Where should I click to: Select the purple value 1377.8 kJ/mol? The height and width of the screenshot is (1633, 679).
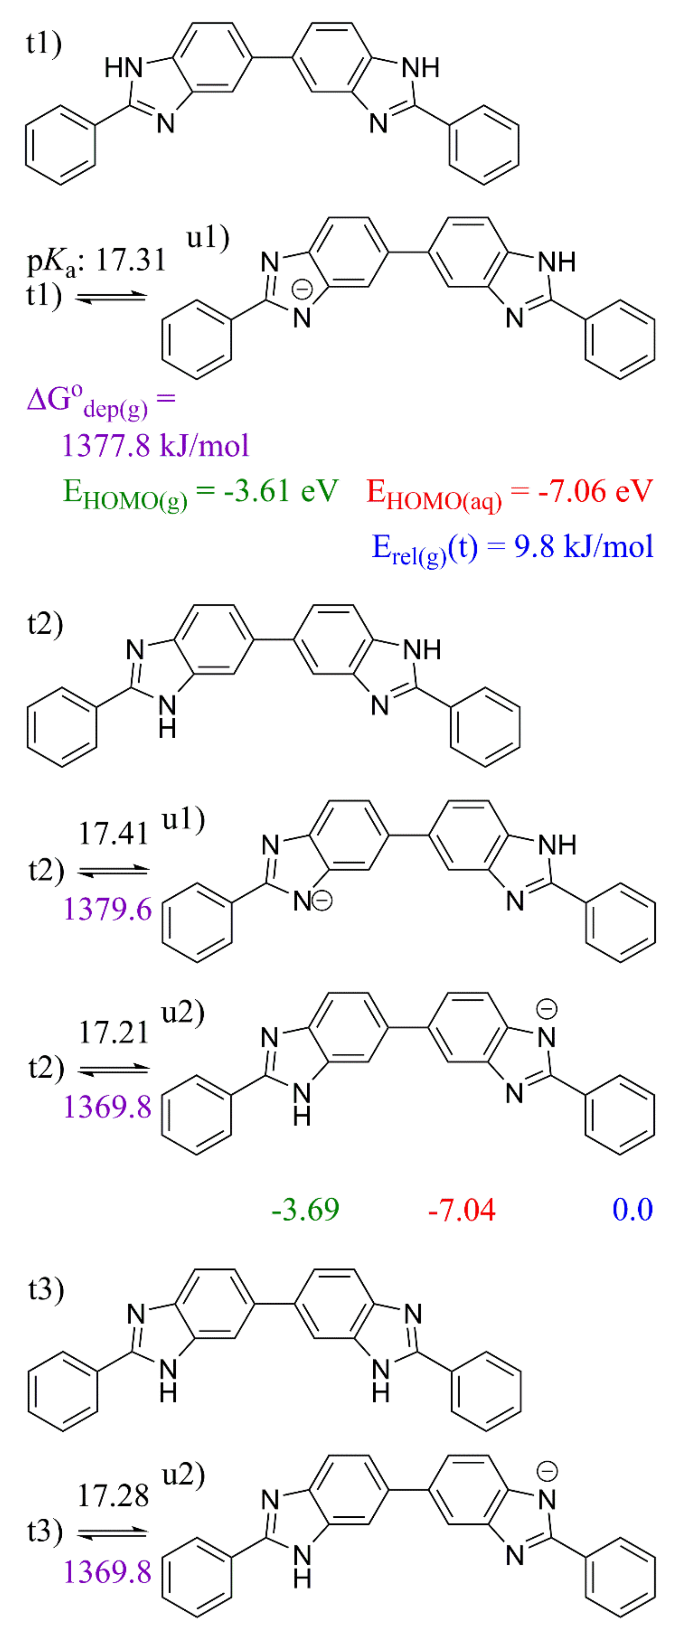[x=155, y=446]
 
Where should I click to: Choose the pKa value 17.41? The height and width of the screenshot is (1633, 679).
[x=113, y=833]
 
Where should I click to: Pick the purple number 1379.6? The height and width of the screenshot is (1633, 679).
[x=108, y=910]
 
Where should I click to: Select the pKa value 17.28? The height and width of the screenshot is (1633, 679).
[x=113, y=1495]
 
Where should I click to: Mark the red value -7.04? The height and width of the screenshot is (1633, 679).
[x=462, y=1210]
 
